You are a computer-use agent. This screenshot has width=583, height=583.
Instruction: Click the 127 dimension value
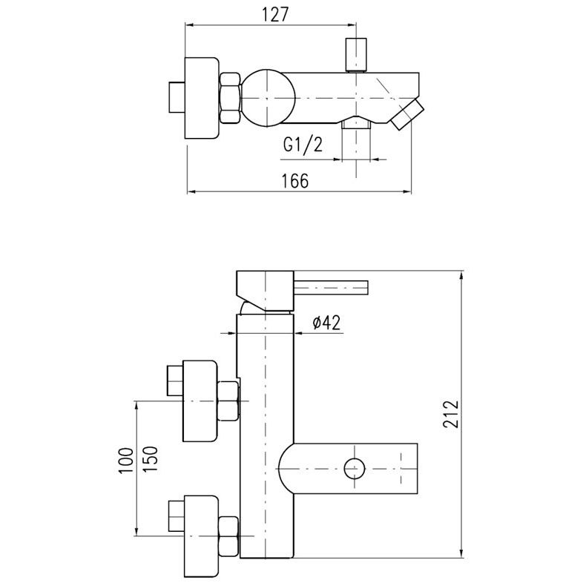coord(275,16)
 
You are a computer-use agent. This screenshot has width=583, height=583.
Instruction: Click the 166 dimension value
coord(295,181)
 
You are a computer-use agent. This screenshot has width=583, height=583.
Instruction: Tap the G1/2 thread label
coord(303,144)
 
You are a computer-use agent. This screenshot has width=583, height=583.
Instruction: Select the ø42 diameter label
coord(326,323)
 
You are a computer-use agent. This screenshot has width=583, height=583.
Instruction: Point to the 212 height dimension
coord(451,415)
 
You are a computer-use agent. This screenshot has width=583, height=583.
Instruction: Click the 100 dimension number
coord(125,461)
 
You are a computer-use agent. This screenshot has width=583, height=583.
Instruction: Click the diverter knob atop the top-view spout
coord(356,54)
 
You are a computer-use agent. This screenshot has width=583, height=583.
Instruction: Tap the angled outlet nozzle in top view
coord(406,114)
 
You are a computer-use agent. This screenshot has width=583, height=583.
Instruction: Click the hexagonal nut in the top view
coord(231,98)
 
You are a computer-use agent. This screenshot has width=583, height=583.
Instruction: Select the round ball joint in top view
coord(267,97)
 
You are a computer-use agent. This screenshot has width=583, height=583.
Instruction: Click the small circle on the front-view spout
coord(354,469)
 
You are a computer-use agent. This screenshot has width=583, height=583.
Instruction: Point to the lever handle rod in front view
coord(331,288)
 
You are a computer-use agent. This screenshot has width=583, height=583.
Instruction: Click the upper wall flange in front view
coord(200,401)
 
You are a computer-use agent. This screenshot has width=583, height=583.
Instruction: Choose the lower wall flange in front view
coord(200,536)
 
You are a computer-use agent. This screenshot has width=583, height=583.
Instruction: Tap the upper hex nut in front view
coord(228,401)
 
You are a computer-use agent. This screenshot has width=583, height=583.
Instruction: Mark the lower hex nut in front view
coord(228,536)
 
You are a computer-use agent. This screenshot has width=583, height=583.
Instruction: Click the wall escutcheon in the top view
coord(201,98)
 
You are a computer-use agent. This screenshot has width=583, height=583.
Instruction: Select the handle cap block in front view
coord(265,290)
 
